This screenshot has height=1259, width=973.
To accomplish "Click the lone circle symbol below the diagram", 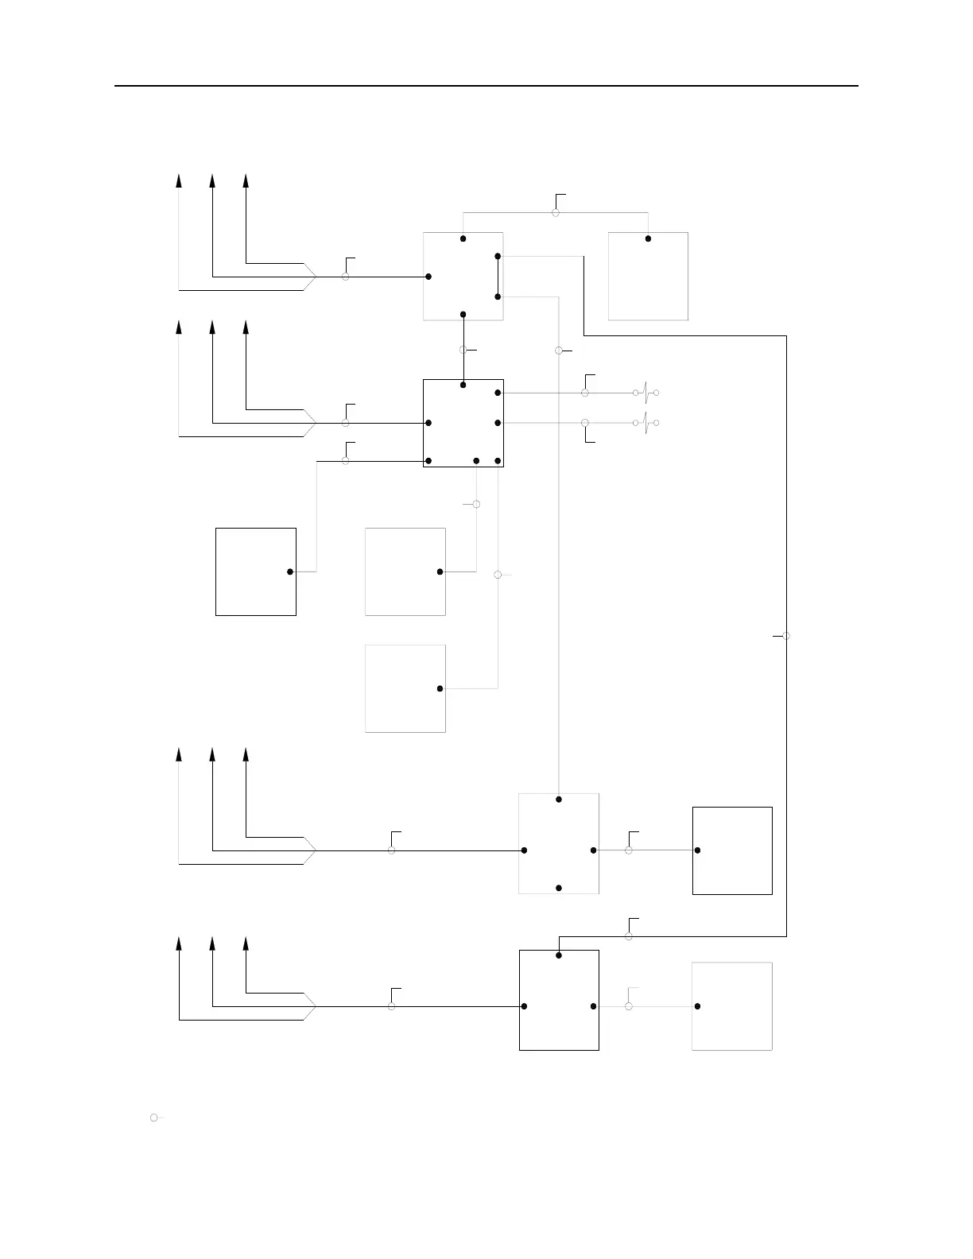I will [153, 1118].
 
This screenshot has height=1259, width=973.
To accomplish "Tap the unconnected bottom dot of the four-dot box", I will [559, 887].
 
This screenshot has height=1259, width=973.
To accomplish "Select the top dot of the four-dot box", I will [559, 799].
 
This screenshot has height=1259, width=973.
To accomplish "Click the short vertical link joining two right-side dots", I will [498, 276].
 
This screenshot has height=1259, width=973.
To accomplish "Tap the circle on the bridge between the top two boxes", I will [556, 212].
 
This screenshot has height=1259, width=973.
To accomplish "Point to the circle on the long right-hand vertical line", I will [786, 636].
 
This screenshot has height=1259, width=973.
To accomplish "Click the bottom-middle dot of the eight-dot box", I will [476, 461].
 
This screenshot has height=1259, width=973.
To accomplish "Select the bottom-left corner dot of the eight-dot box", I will [428, 461].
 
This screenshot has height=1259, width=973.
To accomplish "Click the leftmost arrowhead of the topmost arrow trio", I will [179, 180].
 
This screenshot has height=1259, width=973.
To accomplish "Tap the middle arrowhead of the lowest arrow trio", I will [212, 943].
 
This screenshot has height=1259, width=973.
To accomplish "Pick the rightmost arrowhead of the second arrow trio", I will [246, 327].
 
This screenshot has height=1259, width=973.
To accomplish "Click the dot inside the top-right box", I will [648, 238].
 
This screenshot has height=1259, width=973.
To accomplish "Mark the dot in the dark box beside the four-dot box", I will [697, 850].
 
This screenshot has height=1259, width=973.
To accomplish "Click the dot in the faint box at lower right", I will [697, 1006].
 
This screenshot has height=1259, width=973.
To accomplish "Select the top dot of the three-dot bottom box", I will [559, 955].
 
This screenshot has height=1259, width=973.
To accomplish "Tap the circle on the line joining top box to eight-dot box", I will [463, 350].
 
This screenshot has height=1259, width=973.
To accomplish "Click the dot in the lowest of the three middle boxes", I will [440, 688].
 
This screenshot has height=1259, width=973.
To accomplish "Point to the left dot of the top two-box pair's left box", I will [428, 277].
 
